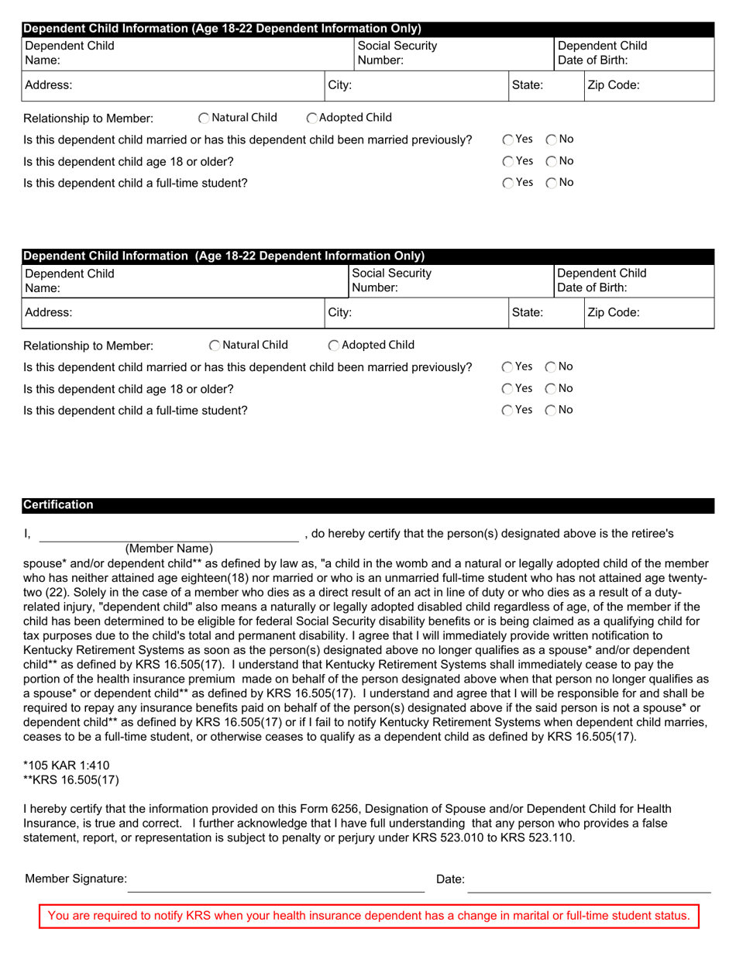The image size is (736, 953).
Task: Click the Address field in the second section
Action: (186, 313)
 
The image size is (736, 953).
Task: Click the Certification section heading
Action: (59, 505)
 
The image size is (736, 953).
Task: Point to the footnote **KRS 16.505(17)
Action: (72, 779)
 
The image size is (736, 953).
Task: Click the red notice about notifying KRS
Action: (369, 916)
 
